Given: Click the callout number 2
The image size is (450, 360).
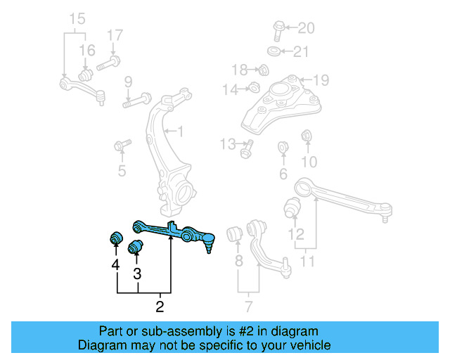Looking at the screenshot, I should (160, 307).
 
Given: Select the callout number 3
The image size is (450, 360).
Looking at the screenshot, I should (138, 274).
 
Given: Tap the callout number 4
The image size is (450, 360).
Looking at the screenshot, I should (115, 265).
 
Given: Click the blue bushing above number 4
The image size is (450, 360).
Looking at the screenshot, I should (113, 238).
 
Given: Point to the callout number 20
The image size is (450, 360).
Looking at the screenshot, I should (307, 29).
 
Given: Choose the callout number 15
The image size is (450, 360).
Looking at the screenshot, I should (76, 17).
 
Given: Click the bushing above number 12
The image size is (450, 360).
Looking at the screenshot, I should (292, 207).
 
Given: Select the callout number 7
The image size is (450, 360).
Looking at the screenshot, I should (248, 307).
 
